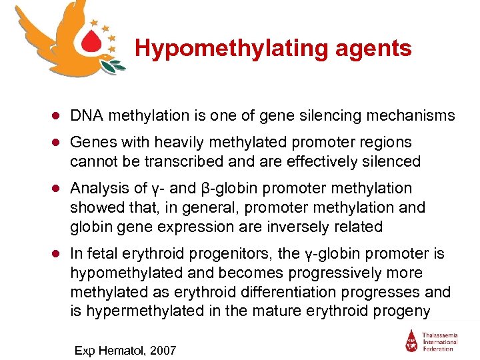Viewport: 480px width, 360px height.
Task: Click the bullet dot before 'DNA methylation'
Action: tap(58, 117)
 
